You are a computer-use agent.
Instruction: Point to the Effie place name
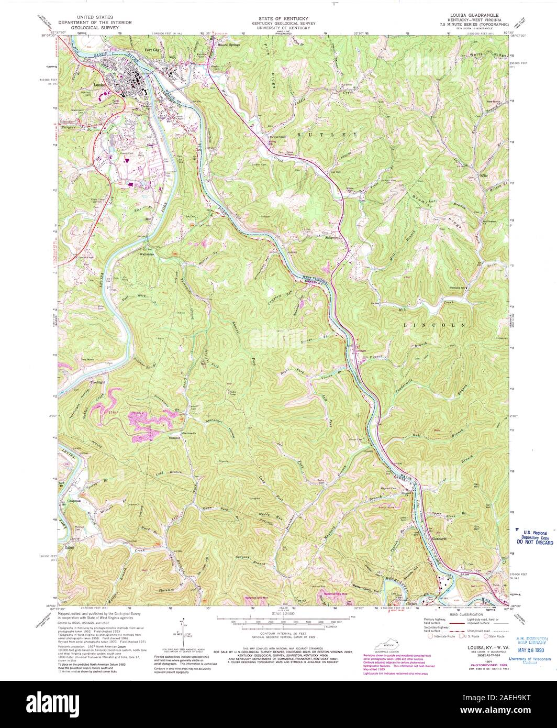[x=483, y=175]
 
